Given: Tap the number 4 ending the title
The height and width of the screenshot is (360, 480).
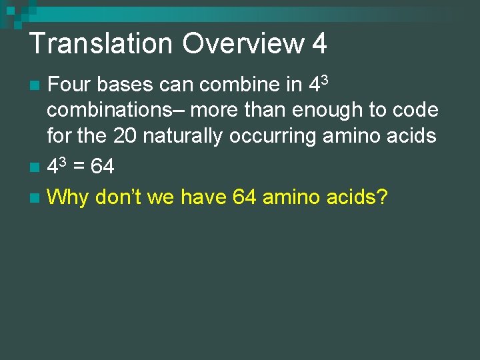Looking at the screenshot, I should click(x=319, y=44).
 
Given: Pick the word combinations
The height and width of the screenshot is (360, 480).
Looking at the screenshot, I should click(x=113, y=111).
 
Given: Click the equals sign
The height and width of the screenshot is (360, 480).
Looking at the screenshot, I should click(x=79, y=167).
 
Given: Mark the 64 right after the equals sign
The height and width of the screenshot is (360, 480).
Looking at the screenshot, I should click(x=102, y=166).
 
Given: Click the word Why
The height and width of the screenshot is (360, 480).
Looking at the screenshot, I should click(x=69, y=197).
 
